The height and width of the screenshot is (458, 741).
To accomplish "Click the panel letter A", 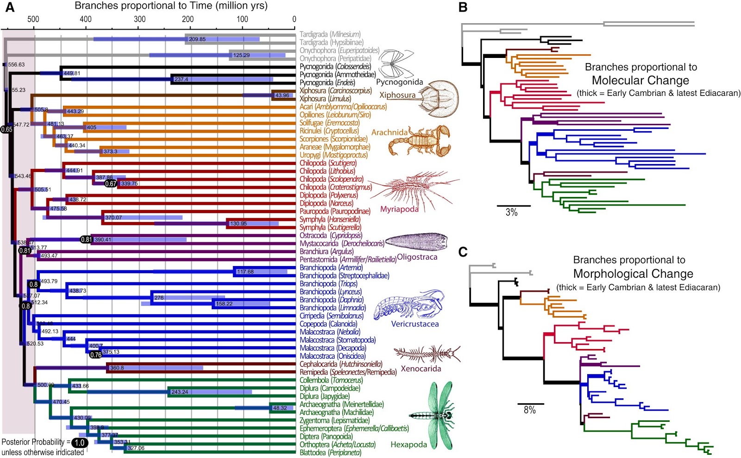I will pyautogui.click(x=9, y=7).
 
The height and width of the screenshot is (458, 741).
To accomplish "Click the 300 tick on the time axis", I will pyautogui.click(x=139, y=19).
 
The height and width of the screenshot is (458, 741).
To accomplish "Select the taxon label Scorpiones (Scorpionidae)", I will pyautogui.click(x=333, y=139).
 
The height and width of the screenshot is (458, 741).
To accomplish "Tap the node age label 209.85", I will pyautogui.click(x=197, y=39).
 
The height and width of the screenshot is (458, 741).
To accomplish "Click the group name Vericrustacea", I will pyautogui.click(x=414, y=324).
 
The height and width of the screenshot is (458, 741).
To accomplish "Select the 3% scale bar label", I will pyautogui.click(x=511, y=212).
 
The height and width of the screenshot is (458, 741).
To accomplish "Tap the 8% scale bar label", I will pyautogui.click(x=529, y=410).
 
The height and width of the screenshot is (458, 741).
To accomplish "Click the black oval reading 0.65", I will pyautogui.click(x=6, y=129).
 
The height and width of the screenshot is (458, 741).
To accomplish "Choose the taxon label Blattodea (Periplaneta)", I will pyautogui.click(x=330, y=452).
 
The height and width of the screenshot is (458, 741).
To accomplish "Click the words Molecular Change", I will pyautogui.click(x=640, y=80).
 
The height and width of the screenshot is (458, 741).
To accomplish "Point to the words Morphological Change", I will pyautogui.click(x=633, y=274).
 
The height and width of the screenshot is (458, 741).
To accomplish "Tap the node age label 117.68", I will pyautogui.click(x=245, y=272).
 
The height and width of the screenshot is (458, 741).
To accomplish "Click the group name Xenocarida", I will pyautogui.click(x=421, y=369).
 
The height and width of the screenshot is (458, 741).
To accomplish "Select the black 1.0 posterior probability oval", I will pyautogui.click(x=79, y=442).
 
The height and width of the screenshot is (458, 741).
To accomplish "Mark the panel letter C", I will pyautogui.click(x=463, y=252).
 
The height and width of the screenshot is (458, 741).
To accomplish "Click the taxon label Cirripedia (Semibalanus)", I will pyautogui.click(x=331, y=316).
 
